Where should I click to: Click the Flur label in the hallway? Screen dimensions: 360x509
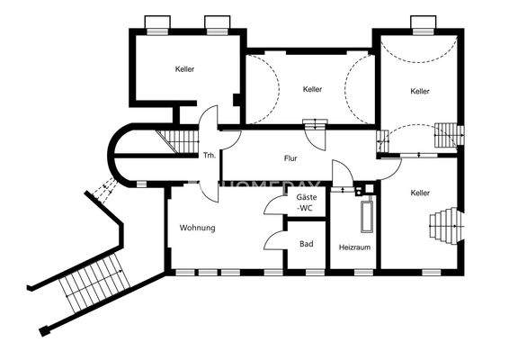pos(290,158)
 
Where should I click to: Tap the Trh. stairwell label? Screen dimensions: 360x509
pos(209,154)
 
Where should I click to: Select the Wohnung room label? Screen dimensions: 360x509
pos(197,228)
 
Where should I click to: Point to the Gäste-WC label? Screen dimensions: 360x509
pos(306,202)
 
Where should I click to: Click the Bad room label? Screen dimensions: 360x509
pos(306,244)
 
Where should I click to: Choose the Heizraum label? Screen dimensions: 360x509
pos(353,247)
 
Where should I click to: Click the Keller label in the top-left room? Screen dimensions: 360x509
pos(185,68)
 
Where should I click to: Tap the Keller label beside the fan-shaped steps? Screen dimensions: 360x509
pos(420,193)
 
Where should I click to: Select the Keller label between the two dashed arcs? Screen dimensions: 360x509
pos(312,89)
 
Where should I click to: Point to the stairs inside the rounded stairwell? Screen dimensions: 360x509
pos(171,141)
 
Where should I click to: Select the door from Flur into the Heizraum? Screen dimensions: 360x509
pos(342,175)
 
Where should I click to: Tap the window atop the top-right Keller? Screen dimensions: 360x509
pos(421,22)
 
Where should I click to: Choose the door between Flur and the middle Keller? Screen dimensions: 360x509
pos(315,136)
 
